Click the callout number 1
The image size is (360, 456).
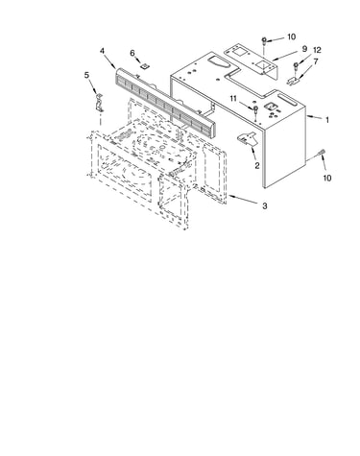327,120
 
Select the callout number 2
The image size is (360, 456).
256,166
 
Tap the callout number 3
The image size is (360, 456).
265,206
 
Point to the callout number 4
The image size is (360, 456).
102,51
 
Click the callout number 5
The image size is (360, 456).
86,75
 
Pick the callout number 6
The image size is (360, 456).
132,53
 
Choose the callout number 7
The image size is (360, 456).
316,61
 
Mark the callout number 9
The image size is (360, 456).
304,48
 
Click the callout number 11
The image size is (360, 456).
233,99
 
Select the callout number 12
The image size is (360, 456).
317,50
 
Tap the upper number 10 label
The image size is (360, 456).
291,37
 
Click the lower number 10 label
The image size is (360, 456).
326,178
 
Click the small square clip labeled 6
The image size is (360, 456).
146,65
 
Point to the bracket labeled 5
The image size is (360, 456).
99,103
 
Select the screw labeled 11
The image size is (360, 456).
255,109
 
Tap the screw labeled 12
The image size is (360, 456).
296,66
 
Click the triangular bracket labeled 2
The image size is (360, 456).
247,138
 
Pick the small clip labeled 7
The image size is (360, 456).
293,81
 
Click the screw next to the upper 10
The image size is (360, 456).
264,41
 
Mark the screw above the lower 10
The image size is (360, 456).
321,154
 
